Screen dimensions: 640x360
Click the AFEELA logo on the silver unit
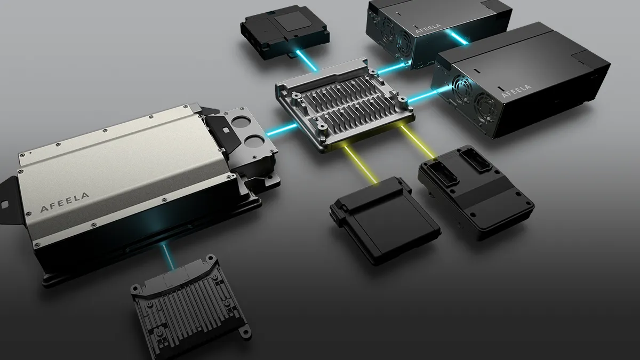click(x=65, y=202)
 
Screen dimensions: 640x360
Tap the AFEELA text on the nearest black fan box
click(x=517, y=91)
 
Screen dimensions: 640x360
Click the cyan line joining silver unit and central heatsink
click(x=282, y=130)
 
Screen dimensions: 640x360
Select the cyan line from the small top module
click(x=307, y=60)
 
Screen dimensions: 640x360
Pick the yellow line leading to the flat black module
click(x=361, y=164)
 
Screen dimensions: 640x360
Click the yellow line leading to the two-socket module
click(x=418, y=142)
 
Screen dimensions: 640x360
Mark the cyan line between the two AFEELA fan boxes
click(x=459, y=37)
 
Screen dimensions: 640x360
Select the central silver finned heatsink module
click(x=345, y=105)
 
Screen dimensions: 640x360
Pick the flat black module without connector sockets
click(x=385, y=220)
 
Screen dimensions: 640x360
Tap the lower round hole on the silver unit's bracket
click(x=255, y=141)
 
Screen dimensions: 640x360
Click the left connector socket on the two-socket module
click(x=442, y=172)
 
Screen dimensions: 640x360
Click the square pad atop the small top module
click(x=292, y=21)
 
